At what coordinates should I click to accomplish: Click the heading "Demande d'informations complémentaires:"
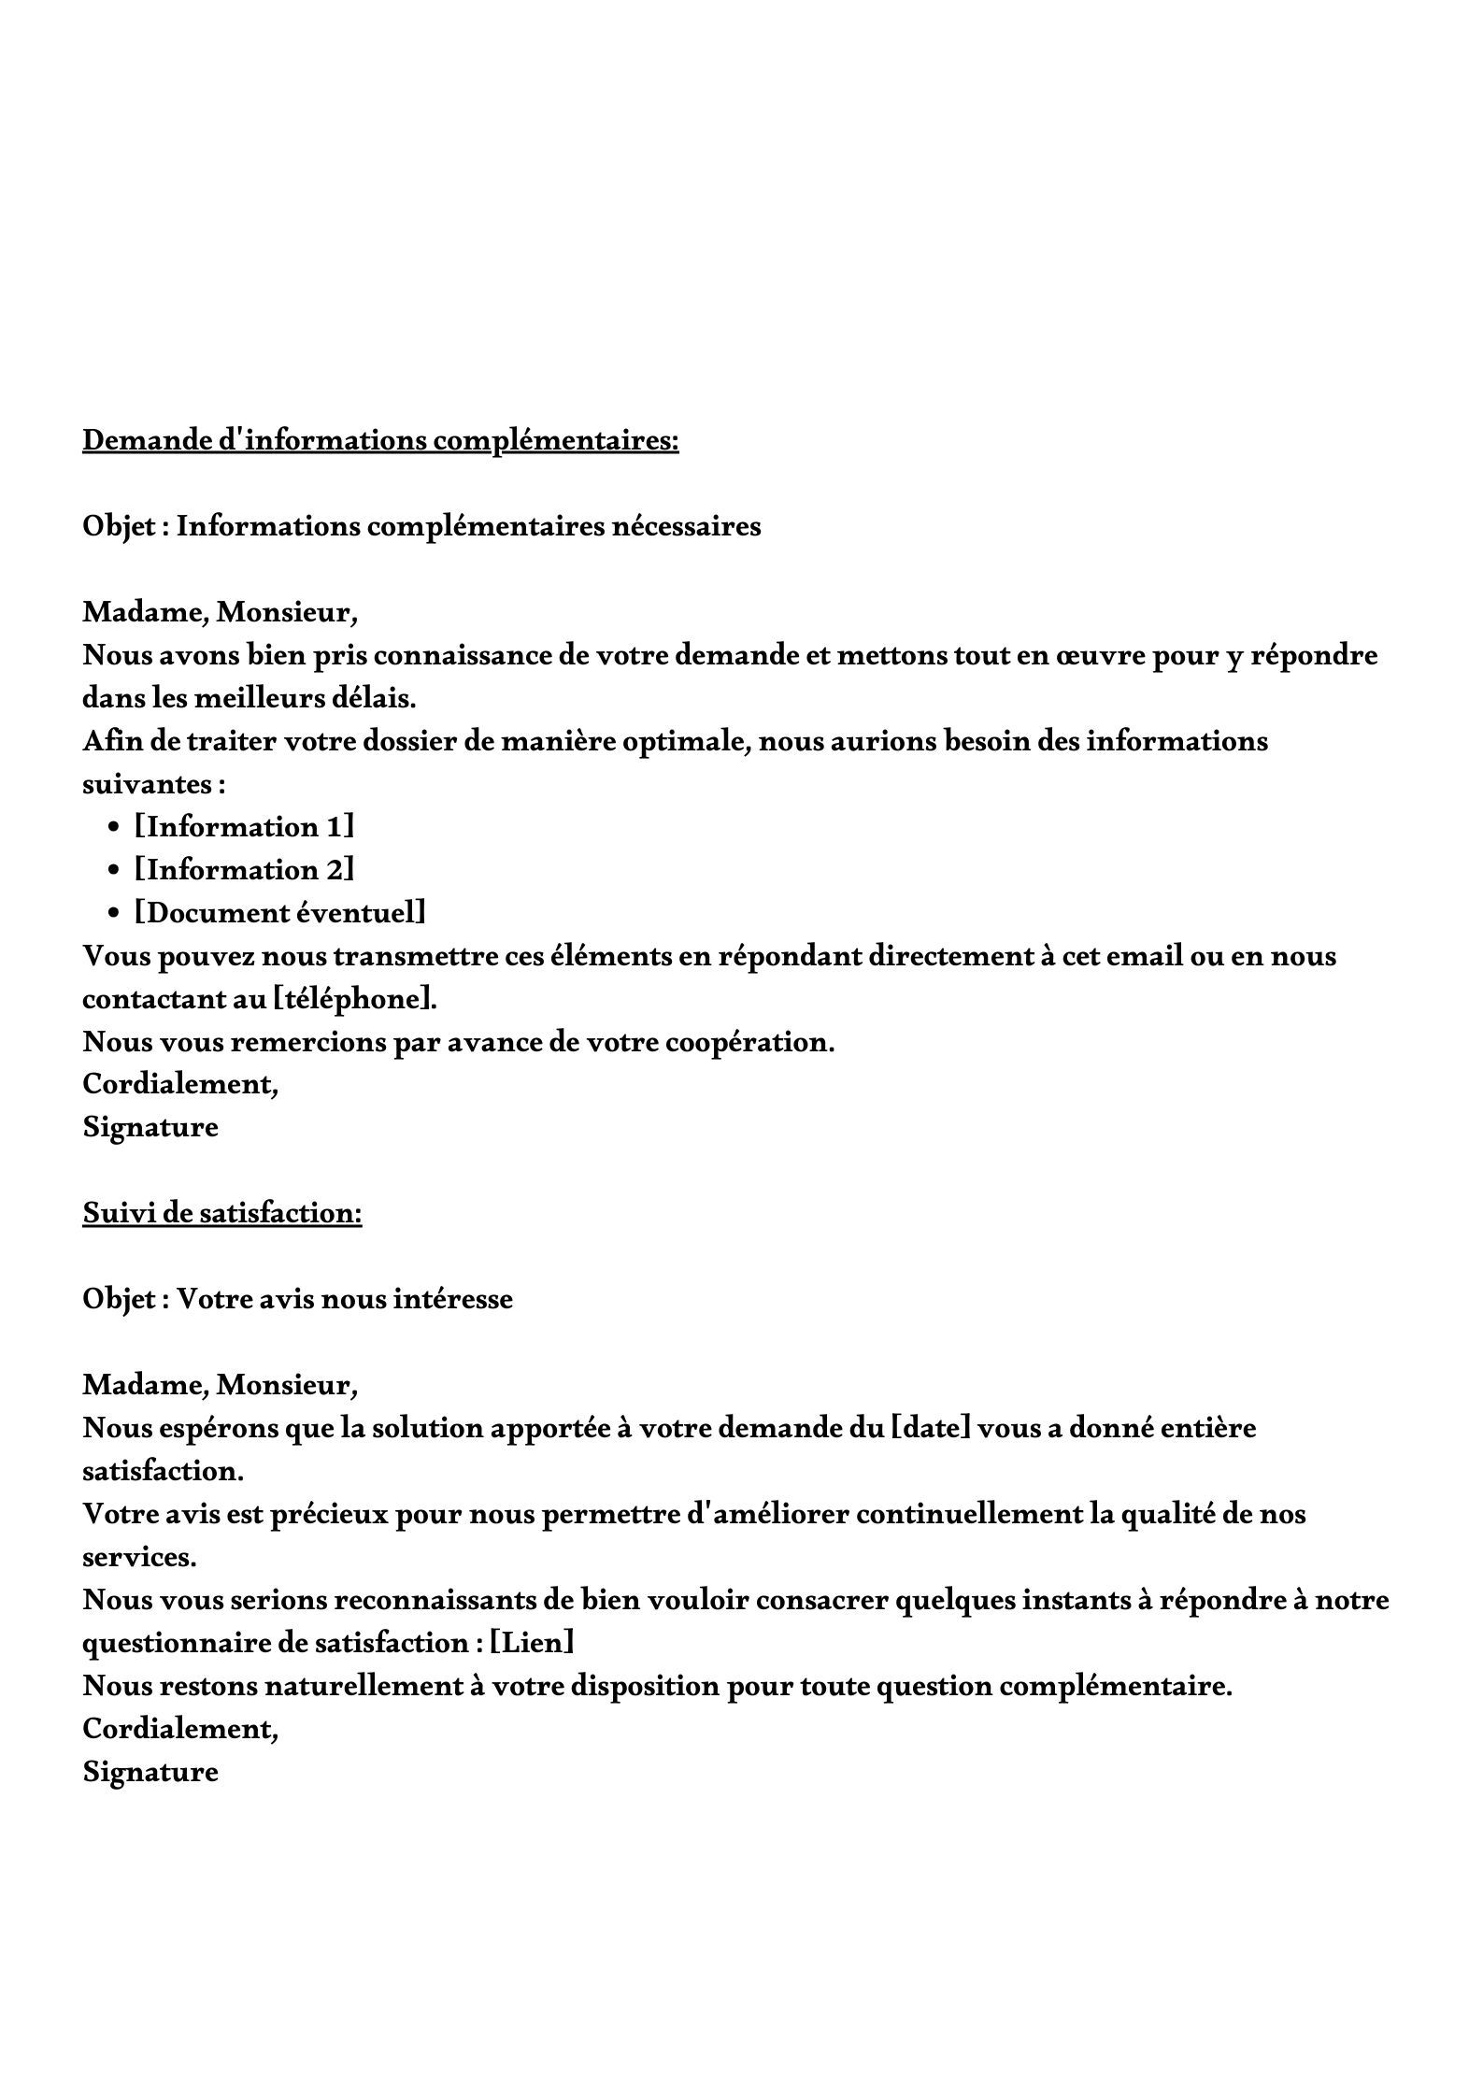tap(380, 439)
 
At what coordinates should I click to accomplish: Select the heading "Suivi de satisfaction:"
tap(221, 1212)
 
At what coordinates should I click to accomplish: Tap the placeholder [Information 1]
tap(245, 827)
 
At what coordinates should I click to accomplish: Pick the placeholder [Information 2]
tap(245, 870)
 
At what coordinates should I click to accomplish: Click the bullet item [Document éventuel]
tap(280, 913)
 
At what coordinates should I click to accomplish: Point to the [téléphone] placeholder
tap(355, 999)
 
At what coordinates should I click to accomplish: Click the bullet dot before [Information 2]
tap(114, 871)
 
